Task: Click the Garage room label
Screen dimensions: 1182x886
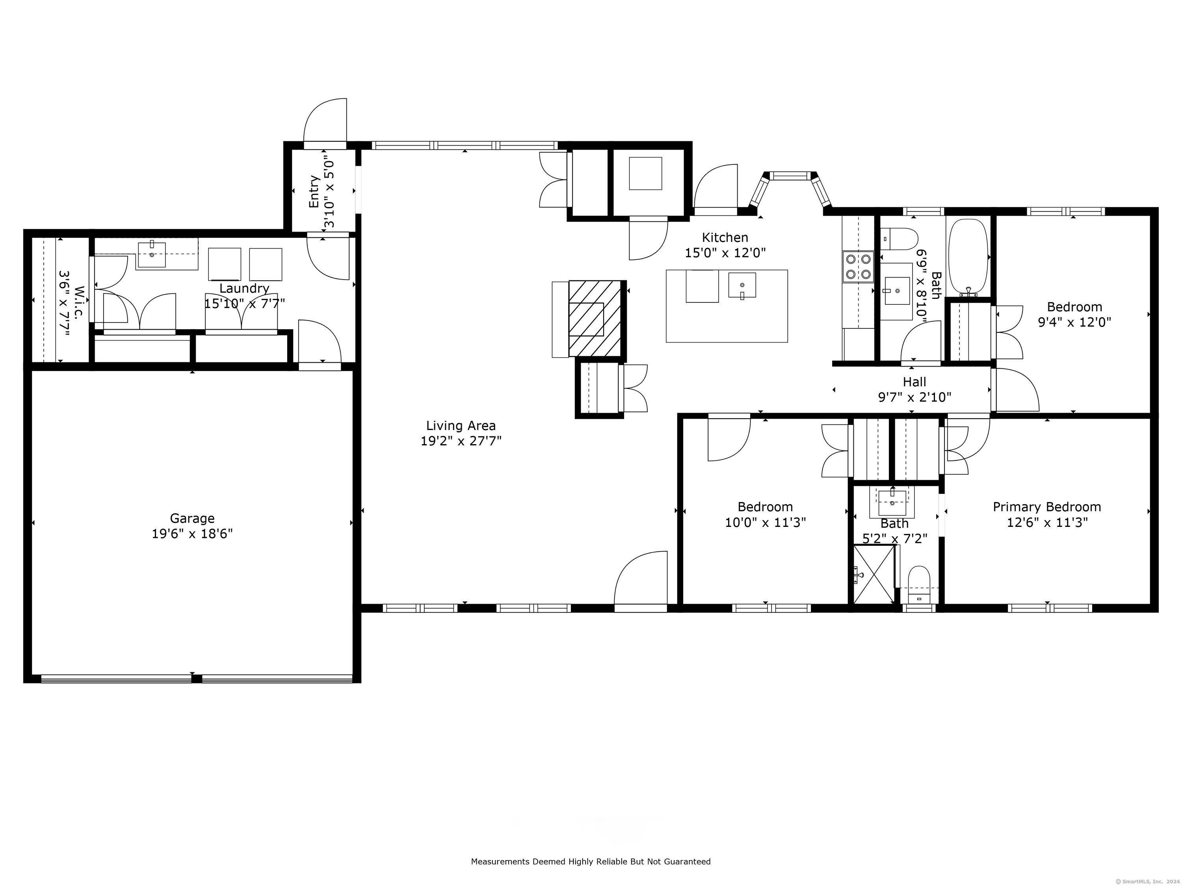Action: (x=192, y=518)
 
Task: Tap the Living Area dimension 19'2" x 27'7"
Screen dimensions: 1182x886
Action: (x=461, y=441)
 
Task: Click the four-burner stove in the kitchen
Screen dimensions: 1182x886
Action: (x=858, y=267)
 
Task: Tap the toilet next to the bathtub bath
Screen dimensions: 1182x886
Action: (x=899, y=239)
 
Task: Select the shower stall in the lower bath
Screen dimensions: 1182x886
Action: (x=873, y=574)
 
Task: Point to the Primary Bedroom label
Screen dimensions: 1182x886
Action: (x=1047, y=507)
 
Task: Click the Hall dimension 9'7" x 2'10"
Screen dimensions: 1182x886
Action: (x=914, y=397)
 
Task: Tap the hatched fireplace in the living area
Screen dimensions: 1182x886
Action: (x=594, y=319)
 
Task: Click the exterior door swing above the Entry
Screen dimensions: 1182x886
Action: (x=325, y=123)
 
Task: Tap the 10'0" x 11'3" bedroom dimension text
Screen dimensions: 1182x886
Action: (x=765, y=522)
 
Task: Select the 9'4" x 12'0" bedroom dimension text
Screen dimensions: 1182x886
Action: (x=1074, y=322)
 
